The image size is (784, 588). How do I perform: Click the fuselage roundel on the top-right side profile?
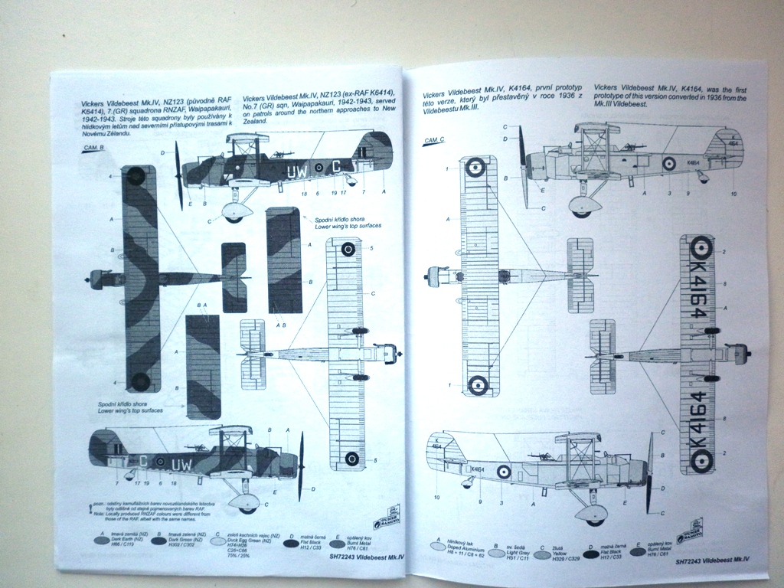point(668,162)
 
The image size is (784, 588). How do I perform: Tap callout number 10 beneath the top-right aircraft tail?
point(733,194)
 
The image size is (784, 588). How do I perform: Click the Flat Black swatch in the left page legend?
point(291,544)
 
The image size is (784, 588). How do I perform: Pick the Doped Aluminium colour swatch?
point(437,545)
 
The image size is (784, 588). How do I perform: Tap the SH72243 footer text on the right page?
point(712,560)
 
